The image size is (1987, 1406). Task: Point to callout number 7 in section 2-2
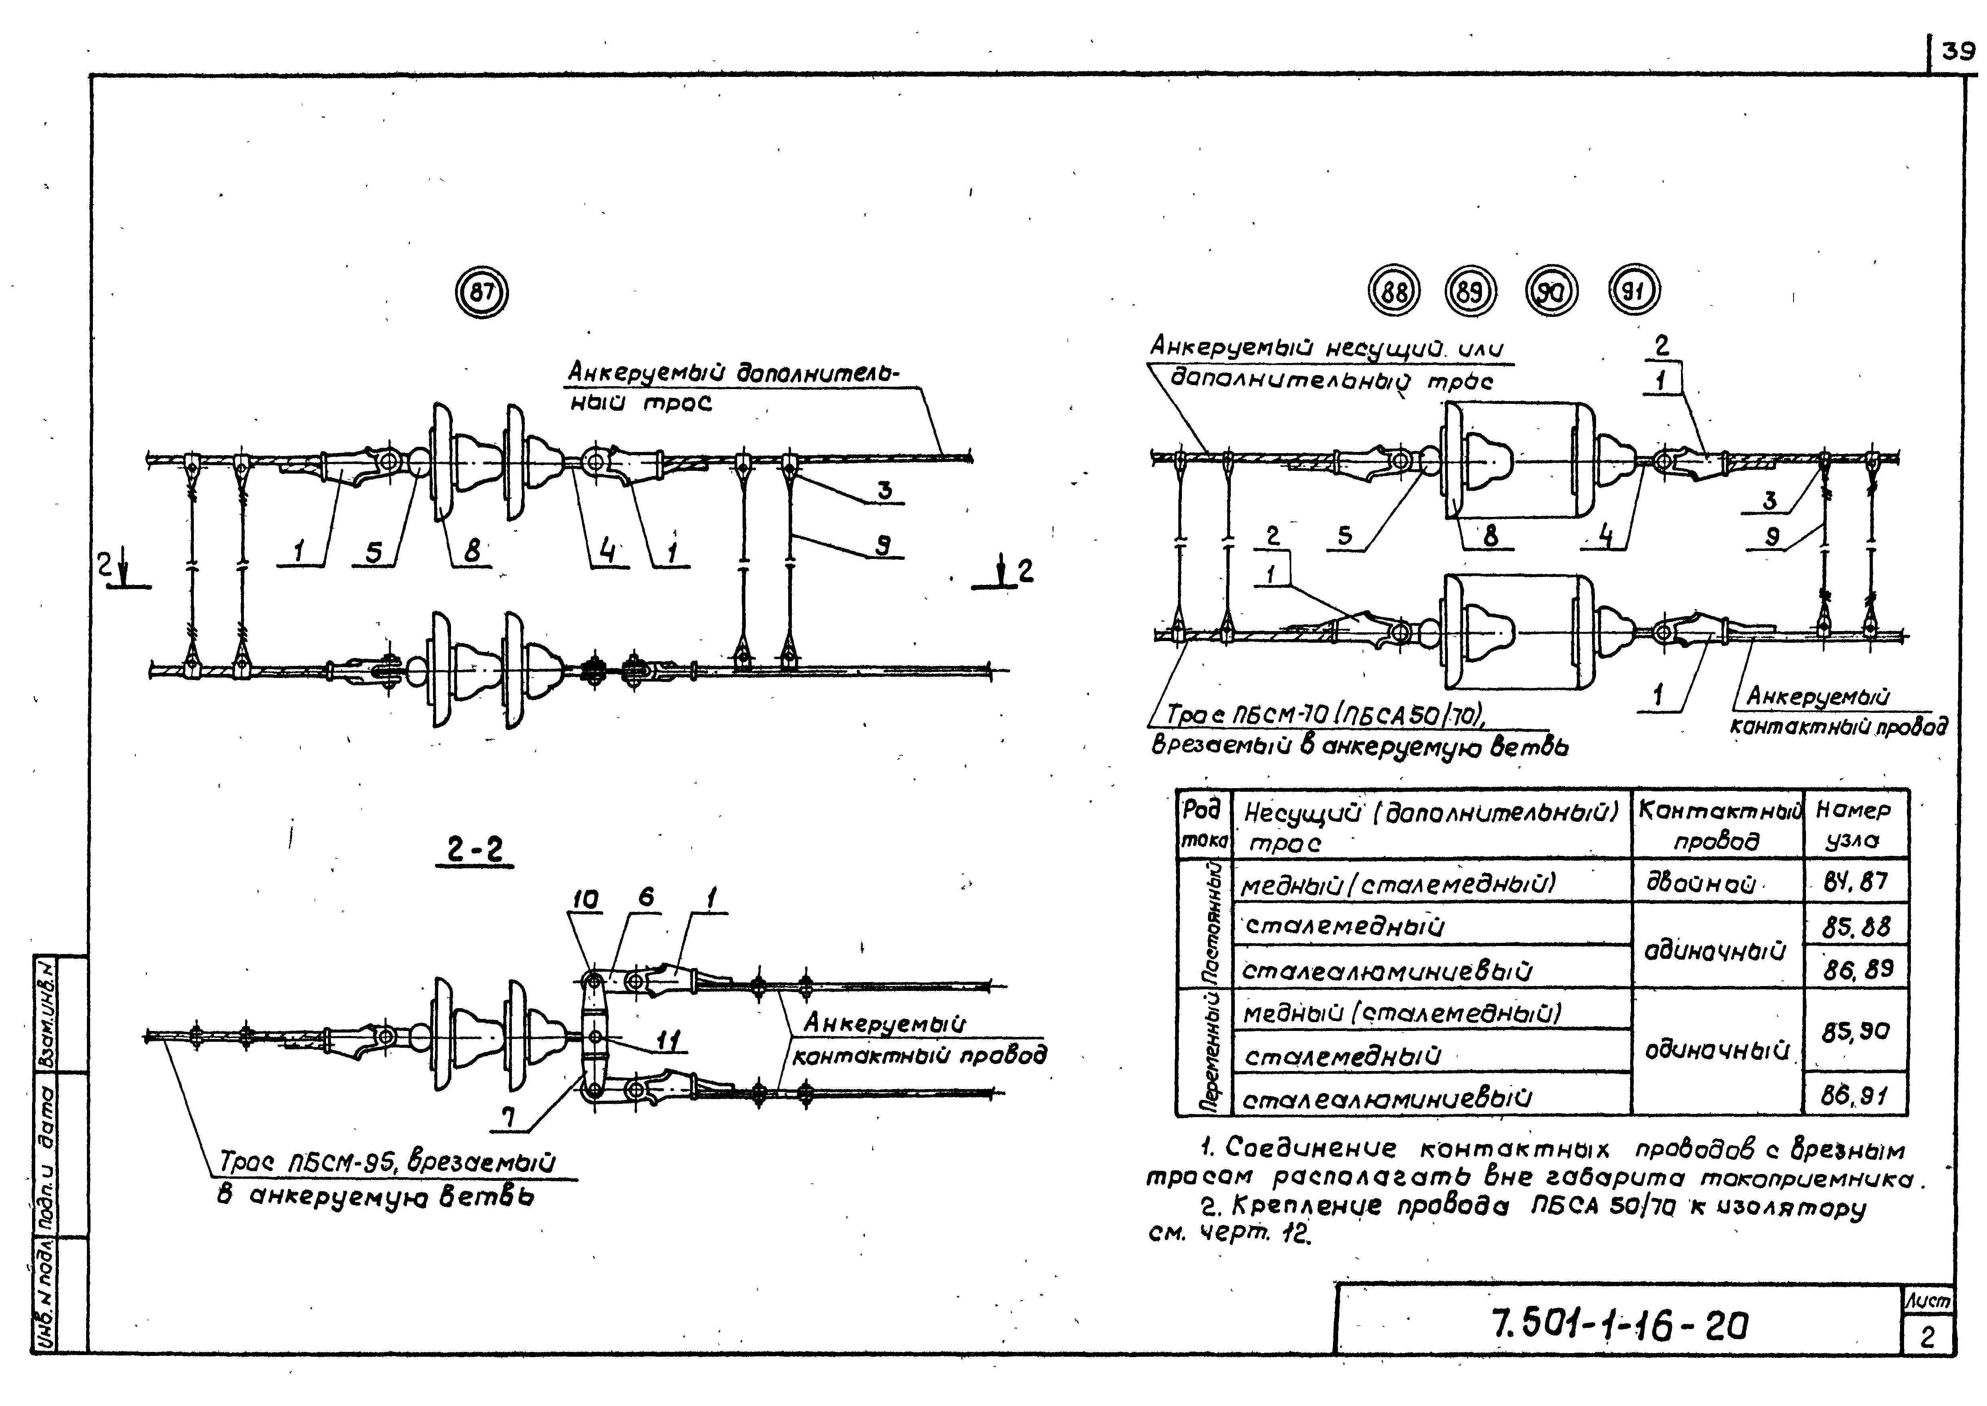[x=511, y=1118]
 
